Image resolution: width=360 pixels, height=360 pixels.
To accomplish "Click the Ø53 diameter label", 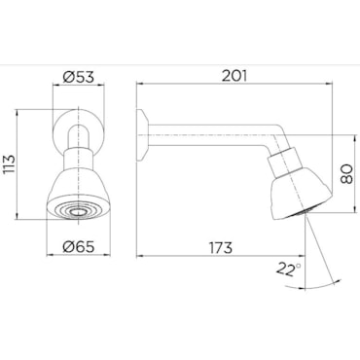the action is coord(78,77).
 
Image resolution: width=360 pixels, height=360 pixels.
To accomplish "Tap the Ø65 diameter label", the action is coord(79,247).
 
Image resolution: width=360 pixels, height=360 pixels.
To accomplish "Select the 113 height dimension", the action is coord(10,165).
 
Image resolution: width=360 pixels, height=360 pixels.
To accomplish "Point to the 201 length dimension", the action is coord(234,76).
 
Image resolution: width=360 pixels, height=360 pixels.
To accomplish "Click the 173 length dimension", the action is coord(221,248).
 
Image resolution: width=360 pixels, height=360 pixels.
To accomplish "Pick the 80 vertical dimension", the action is coord(347,174).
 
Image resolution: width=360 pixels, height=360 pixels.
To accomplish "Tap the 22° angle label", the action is coord(289,269).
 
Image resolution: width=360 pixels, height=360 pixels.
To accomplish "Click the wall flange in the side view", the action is coord(142,134).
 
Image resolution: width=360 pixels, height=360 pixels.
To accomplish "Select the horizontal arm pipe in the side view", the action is coord(211,134).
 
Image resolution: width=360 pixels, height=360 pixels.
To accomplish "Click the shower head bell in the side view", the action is coord(300,193).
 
